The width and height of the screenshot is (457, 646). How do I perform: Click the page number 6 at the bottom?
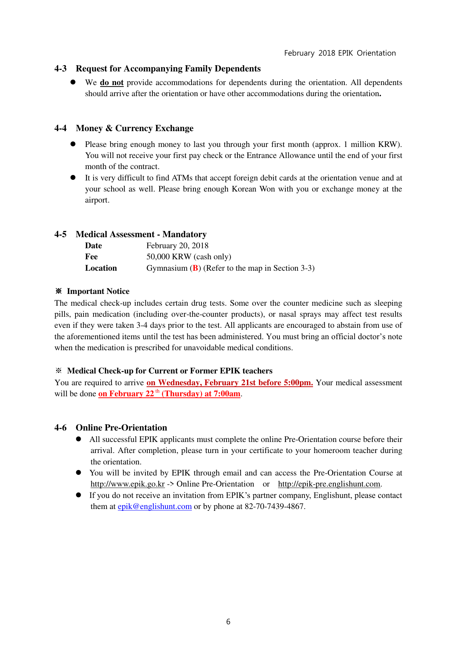pos(228,622)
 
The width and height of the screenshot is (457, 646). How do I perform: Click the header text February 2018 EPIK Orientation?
pos(340,53)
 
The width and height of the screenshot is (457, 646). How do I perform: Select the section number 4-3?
pos(60,69)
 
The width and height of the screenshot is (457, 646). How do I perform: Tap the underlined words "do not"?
pos(112,82)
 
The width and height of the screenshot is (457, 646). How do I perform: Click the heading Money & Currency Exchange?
pos(134,128)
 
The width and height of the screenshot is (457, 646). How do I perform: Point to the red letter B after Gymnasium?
pos(195,268)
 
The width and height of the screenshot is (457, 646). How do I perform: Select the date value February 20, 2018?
pos(177,246)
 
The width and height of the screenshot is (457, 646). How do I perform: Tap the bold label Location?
pos(101,268)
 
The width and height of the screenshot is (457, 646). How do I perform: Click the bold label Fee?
pos(91,257)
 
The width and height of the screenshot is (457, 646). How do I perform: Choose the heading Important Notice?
pos(98,291)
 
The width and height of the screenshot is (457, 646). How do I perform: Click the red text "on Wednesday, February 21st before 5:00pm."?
pos(229,383)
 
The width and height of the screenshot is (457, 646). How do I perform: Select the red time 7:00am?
pos(227,394)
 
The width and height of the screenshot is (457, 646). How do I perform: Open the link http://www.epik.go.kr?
pos(127,484)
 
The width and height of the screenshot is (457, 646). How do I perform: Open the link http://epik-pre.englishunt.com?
pos(329,484)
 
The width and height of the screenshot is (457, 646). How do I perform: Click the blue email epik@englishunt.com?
pos(155,506)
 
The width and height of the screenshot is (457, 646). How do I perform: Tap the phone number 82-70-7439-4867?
pos(274,506)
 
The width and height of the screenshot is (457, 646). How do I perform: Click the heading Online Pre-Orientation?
pos(121,428)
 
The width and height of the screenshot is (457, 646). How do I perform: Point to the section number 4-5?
pos(60,234)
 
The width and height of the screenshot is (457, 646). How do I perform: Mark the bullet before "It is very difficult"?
pos(73,178)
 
